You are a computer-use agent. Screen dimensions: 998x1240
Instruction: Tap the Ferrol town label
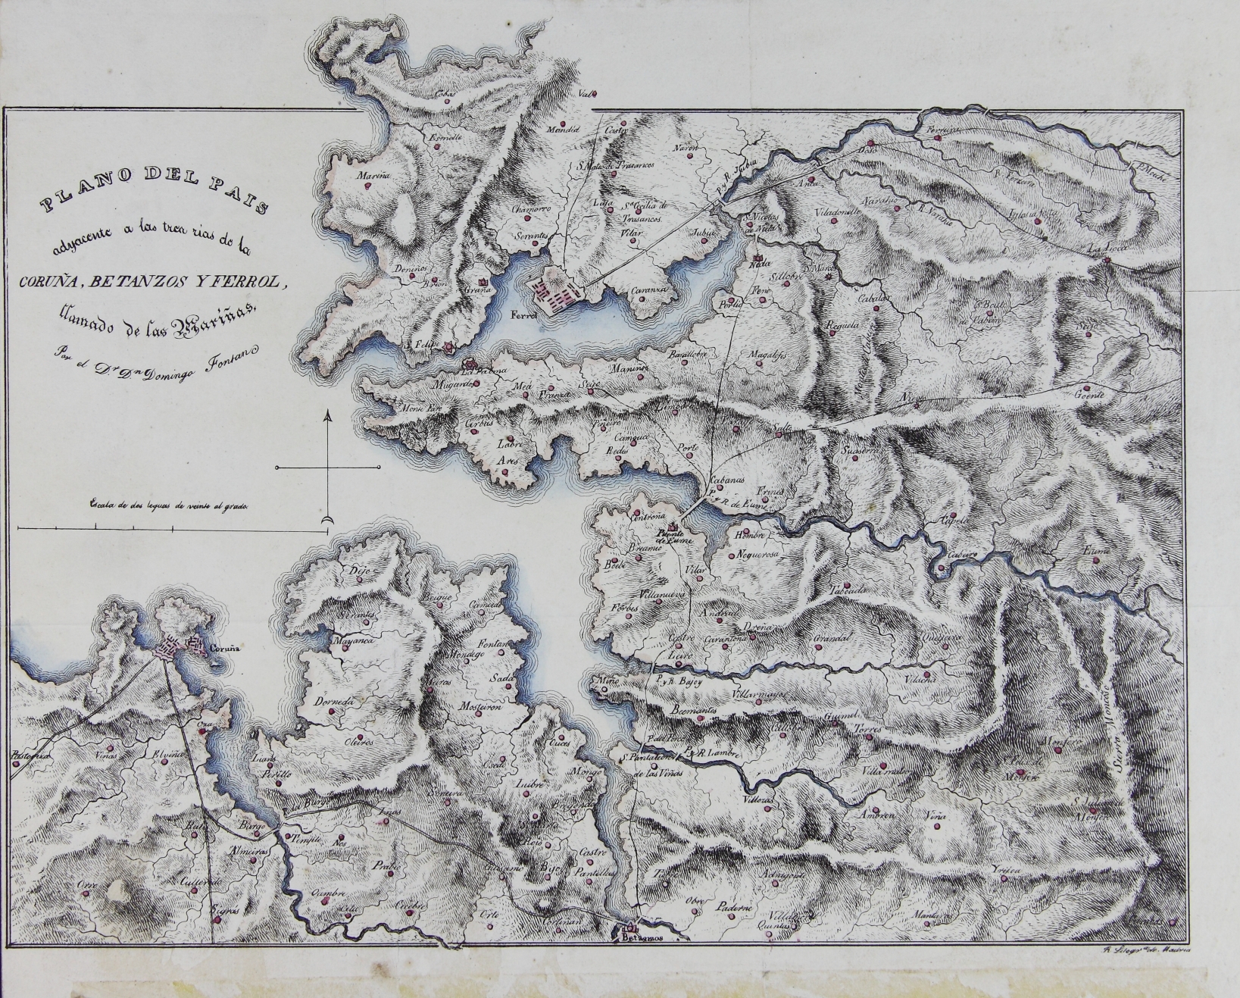pyautogui.click(x=523, y=314)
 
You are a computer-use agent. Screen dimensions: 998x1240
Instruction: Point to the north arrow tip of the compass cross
pyautogui.click(x=327, y=415)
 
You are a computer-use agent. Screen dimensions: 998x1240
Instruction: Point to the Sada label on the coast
pyautogui.click(x=501, y=677)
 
